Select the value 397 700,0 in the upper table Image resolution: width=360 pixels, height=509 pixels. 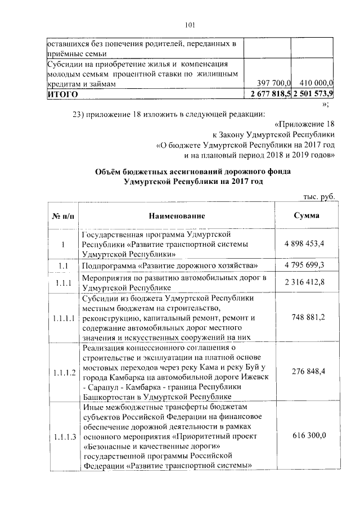pos(273,84)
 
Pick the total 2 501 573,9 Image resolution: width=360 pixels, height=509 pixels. pos(313,93)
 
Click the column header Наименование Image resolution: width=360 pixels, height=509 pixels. pos(177,216)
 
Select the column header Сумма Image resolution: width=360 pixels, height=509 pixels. pos(307,215)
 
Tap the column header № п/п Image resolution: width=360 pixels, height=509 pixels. pos(62,216)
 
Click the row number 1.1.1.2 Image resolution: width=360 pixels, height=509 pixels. pos(62,371)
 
